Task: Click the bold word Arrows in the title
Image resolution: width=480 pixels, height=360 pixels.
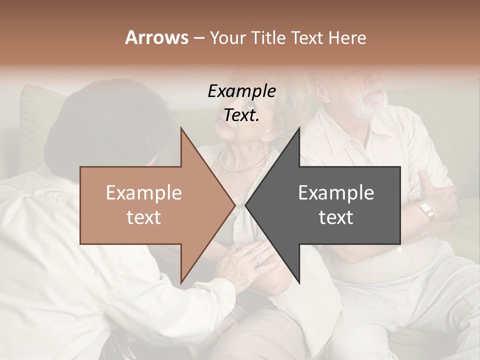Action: (x=156, y=37)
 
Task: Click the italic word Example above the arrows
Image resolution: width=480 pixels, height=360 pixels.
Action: (x=241, y=91)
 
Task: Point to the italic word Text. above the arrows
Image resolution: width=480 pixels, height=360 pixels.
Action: (x=241, y=115)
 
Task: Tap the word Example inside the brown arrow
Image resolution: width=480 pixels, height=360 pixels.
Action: (x=144, y=193)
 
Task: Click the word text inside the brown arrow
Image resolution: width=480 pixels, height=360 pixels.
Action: (x=144, y=217)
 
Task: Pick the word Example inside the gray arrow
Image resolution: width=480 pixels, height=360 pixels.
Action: (x=336, y=193)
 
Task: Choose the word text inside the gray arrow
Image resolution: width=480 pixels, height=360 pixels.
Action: (x=336, y=217)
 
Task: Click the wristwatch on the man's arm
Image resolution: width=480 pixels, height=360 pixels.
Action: (x=426, y=210)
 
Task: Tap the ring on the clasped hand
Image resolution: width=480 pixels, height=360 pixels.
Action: (x=257, y=261)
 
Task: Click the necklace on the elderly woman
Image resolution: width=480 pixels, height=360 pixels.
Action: (x=240, y=165)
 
